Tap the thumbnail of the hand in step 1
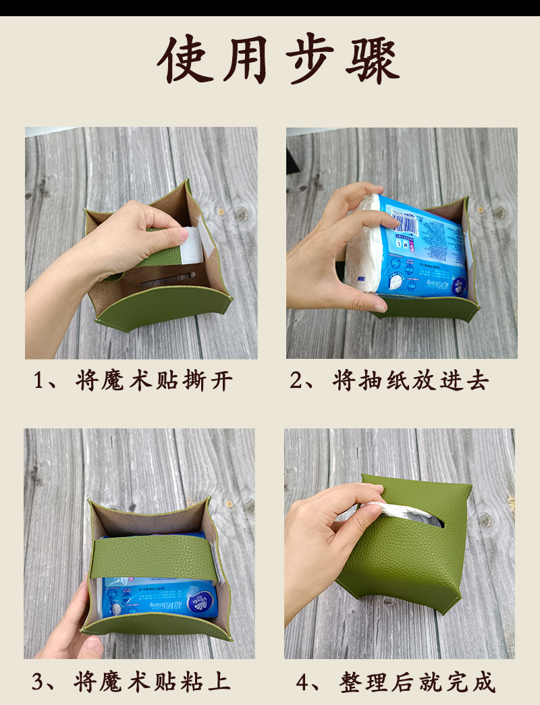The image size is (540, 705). click(181, 235)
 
